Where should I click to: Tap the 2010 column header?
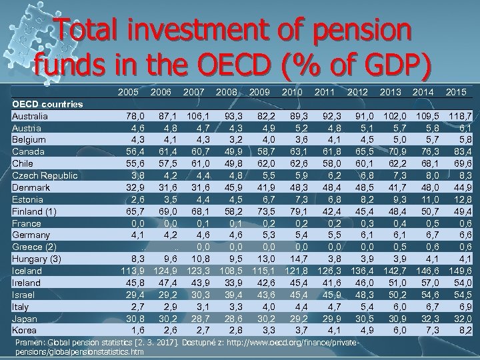(294, 90)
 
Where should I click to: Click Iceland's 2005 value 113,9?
(125, 271)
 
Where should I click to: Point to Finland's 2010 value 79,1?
(295, 211)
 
